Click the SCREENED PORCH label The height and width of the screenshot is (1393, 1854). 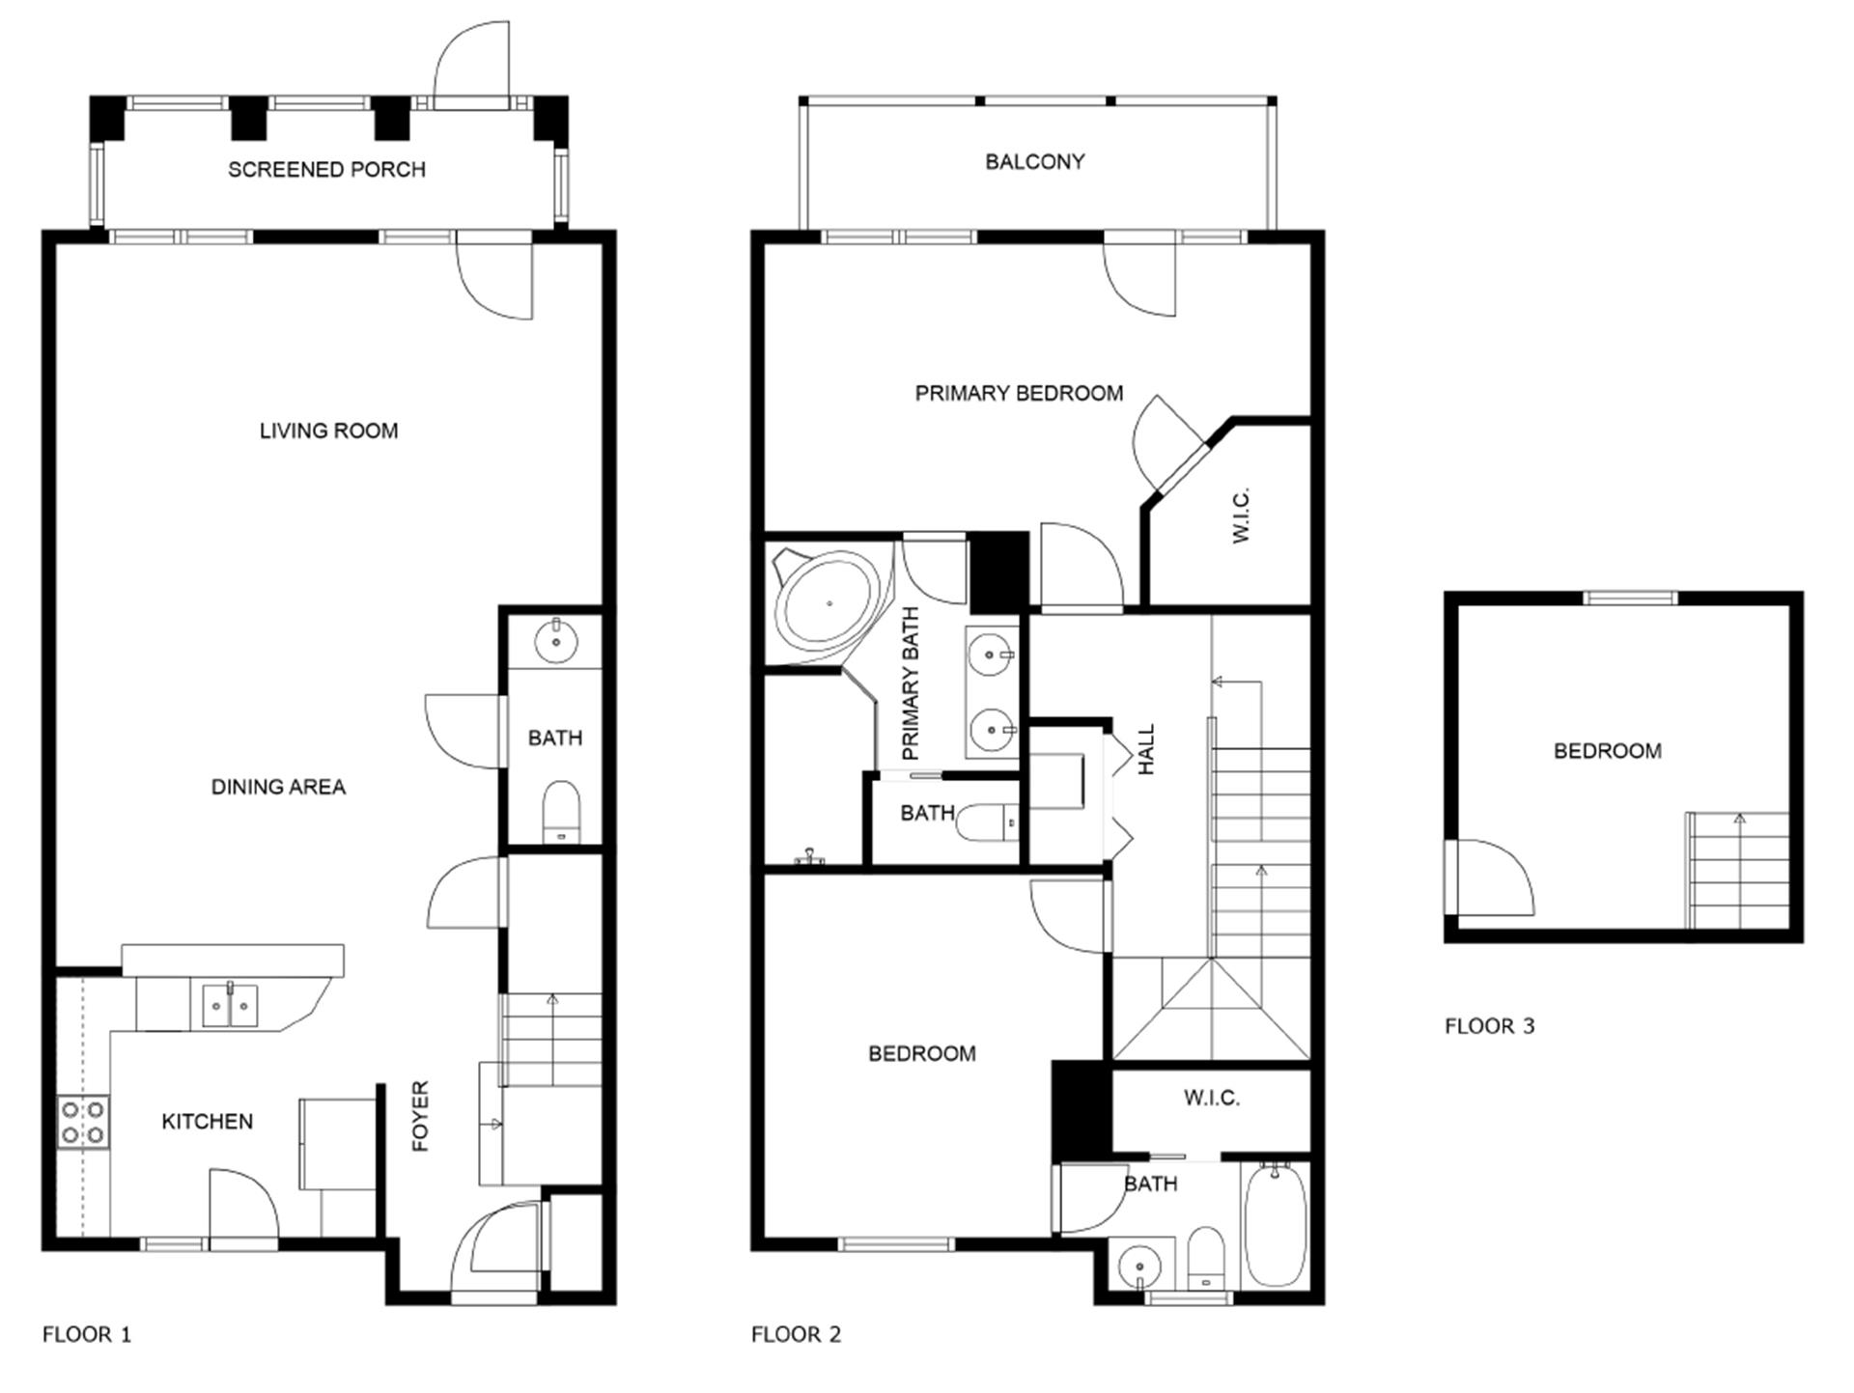[326, 170]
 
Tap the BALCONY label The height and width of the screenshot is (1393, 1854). [1034, 162]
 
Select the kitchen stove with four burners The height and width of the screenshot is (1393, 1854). [83, 1122]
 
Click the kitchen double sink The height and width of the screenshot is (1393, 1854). [230, 1006]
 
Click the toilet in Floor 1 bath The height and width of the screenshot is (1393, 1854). [561, 811]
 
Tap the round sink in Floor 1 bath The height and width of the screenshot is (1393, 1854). [555, 640]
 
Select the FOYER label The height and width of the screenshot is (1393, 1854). [420, 1115]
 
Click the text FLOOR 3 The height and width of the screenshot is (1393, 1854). [1489, 1026]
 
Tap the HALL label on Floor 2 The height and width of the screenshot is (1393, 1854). [1146, 749]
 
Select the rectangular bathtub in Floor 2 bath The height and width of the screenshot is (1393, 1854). [1275, 1224]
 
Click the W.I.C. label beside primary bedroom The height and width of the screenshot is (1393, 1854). [1242, 515]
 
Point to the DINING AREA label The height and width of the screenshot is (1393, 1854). [278, 787]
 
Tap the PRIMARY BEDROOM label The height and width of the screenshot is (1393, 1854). [1019, 394]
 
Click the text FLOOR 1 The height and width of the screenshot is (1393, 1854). [87, 1335]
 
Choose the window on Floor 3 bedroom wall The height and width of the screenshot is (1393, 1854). [1630, 599]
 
